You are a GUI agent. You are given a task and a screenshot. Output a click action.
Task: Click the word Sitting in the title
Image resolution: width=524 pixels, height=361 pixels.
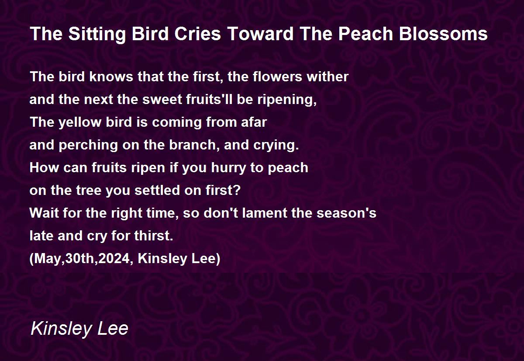coord(97,34)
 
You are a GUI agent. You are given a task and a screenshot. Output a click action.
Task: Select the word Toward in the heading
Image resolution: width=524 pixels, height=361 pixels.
coord(260,34)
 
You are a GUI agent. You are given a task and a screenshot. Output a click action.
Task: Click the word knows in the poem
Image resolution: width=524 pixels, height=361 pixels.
coord(111,76)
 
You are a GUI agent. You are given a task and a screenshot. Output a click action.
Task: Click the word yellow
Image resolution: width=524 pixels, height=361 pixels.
coord(79,122)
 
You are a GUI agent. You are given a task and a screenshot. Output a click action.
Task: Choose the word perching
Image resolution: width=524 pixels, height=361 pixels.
coord(88,146)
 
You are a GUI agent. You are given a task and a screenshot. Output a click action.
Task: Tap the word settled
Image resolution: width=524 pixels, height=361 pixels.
coord(158,190)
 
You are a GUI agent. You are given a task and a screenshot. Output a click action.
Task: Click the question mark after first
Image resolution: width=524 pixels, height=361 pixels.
coord(237,190)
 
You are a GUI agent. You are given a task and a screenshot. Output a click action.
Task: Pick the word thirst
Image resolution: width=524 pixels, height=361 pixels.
coord(153,236)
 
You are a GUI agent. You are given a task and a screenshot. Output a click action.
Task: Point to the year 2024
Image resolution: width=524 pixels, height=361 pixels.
coord(114,258)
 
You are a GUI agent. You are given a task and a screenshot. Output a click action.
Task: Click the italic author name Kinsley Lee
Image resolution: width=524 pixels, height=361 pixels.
coord(79,329)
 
